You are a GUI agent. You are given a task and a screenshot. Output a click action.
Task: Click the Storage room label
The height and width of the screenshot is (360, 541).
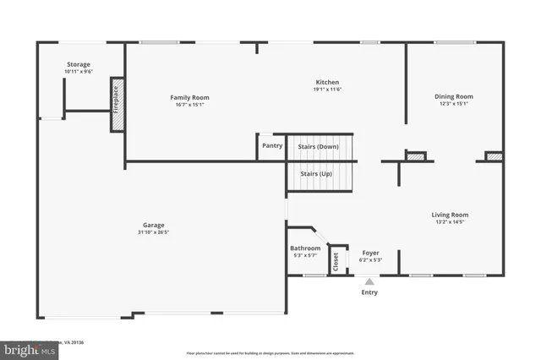tap(78, 64)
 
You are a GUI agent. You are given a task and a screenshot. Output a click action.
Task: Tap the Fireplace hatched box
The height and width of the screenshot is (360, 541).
tap(117, 105)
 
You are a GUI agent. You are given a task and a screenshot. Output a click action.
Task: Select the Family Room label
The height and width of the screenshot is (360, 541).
tap(189, 97)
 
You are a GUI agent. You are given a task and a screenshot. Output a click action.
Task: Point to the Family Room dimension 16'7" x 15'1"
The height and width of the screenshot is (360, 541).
tap(189, 106)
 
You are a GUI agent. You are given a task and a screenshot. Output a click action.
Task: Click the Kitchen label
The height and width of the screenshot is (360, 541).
tap(326, 82)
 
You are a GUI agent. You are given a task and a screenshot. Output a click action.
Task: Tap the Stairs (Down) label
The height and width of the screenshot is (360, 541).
tap(318, 146)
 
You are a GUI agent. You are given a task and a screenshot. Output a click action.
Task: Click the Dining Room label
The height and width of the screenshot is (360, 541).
tap(453, 96)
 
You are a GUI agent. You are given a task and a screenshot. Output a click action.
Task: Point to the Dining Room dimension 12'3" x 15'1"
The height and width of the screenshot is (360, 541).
tap(453, 105)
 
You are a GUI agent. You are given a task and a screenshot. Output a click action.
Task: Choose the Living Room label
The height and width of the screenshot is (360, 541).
tap(450, 215)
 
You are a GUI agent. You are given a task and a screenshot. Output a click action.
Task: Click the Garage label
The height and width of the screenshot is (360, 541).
tap(153, 225)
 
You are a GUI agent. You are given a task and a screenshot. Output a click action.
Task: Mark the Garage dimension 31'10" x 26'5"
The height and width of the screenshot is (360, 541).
tap(153, 233)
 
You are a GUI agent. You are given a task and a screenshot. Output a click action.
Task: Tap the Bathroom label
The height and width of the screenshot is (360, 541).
tap(304, 248)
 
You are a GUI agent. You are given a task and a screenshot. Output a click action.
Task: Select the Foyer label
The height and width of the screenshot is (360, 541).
tap(370, 253)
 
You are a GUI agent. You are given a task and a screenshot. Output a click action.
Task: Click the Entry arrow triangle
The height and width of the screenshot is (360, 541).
tap(369, 282)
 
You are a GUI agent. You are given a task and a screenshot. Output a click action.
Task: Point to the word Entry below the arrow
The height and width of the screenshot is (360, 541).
tap(369, 292)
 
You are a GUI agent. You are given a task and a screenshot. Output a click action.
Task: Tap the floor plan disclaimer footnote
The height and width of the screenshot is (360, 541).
tap(270, 353)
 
